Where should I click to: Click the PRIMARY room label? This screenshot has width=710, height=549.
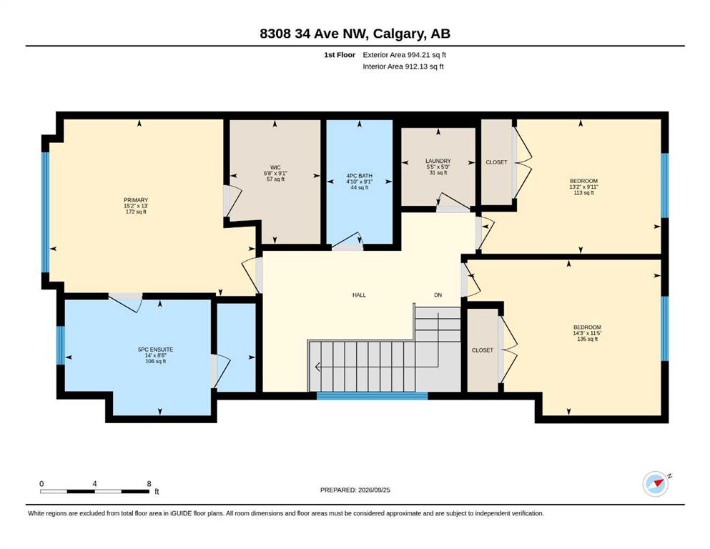point(136,200)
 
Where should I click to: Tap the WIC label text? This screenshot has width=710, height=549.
point(275,167)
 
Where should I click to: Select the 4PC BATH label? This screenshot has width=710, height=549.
point(360,176)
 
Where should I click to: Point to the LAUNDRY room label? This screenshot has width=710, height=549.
point(438,161)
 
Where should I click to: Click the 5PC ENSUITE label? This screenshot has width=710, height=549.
point(155,350)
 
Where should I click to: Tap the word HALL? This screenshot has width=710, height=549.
point(359,295)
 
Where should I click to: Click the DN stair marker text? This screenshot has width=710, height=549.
point(438,295)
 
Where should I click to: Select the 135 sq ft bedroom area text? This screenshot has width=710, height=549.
point(587,339)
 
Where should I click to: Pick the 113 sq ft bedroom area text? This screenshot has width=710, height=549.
point(583,193)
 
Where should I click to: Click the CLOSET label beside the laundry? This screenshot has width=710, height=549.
point(496,162)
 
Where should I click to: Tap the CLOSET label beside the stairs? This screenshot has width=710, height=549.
point(482,350)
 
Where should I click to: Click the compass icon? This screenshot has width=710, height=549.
point(656,484)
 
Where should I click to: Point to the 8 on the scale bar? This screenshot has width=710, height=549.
point(149,484)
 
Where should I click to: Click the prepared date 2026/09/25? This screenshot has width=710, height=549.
point(374,490)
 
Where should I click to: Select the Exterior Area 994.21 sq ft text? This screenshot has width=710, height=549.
point(405,55)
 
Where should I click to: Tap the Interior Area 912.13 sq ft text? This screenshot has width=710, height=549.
point(403,66)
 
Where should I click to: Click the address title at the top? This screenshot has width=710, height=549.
point(355,34)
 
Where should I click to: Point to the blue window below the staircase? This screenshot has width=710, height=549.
point(373,396)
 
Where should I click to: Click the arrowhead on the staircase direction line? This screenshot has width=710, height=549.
point(317,367)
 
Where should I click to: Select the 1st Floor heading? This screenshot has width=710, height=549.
point(340,55)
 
